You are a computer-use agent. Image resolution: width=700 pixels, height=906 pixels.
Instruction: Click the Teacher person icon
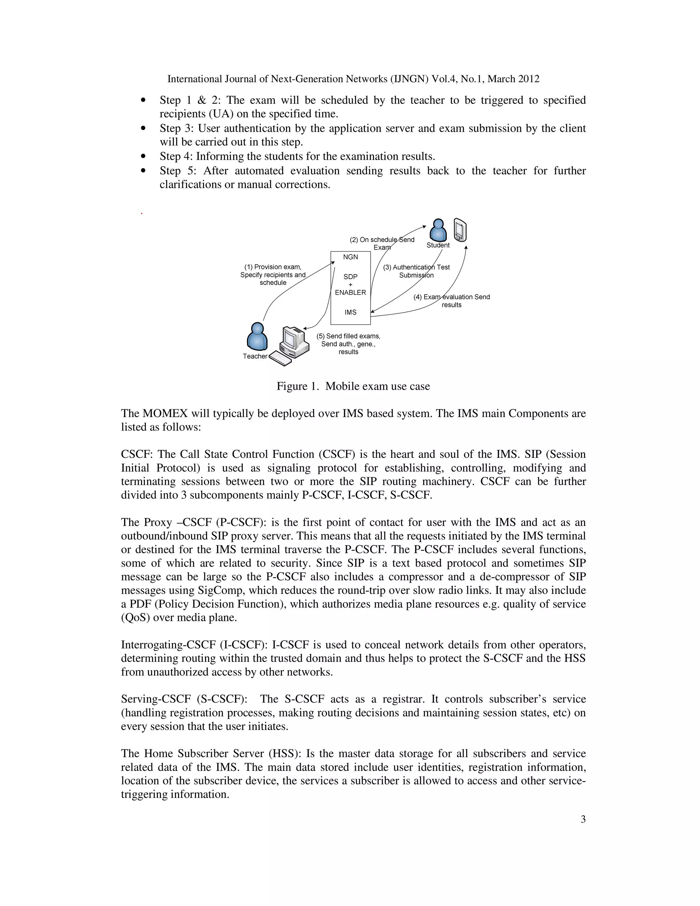[257, 336]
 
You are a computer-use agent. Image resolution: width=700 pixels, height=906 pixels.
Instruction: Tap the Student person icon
[438, 230]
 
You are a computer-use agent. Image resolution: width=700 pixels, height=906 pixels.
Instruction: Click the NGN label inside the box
[350, 257]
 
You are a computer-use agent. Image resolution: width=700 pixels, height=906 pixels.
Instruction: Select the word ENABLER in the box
[350, 292]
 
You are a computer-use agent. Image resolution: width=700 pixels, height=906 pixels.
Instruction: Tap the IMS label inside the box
[350, 312]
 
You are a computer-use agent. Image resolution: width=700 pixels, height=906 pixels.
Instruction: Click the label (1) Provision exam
[273, 267]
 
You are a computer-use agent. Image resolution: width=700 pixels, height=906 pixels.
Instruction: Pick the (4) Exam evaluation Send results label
[452, 301]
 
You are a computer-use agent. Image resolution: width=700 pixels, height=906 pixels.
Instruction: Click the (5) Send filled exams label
[348, 336]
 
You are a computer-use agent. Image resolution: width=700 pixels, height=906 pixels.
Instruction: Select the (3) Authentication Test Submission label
[416, 271]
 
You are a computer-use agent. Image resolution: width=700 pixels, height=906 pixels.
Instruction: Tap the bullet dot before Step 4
[144, 156]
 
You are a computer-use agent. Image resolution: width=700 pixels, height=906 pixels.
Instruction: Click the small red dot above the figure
[142, 214]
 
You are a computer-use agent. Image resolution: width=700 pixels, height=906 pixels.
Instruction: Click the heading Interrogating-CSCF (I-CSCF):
[194, 645]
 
